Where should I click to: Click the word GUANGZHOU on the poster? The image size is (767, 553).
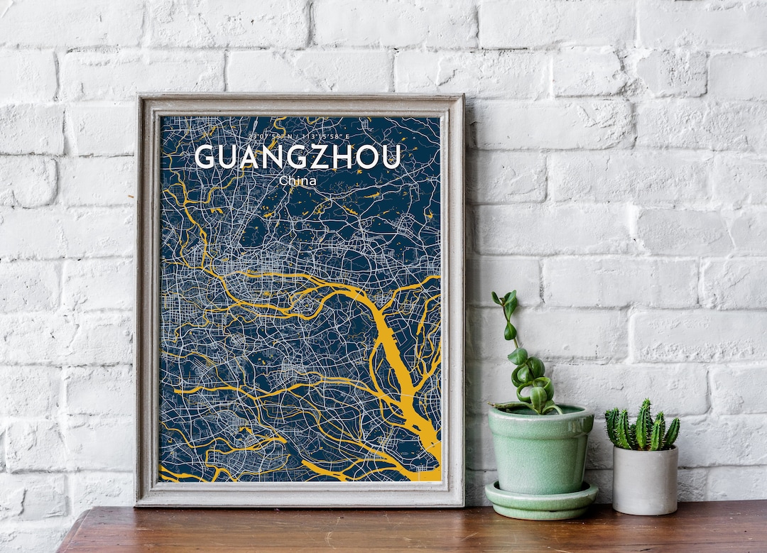[x=298, y=157]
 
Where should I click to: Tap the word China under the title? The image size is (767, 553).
[x=298, y=181]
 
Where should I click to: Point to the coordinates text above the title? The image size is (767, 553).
[x=298, y=136]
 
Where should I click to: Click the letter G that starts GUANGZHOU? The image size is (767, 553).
[x=204, y=157]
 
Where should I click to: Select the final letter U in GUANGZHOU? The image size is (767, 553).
[x=391, y=157]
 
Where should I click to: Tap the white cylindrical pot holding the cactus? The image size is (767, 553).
[x=645, y=481]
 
